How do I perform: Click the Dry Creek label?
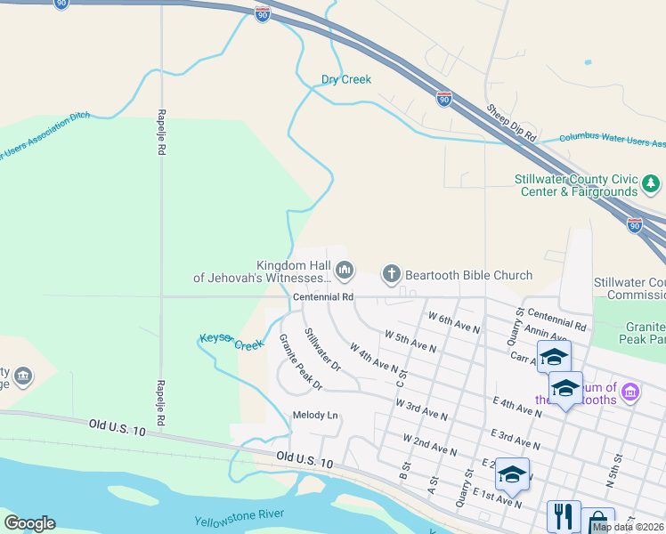point(345,79)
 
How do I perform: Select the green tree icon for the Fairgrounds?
point(652,184)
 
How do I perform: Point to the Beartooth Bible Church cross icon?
point(391,272)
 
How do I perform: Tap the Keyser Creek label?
point(231,343)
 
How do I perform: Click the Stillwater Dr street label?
point(322,349)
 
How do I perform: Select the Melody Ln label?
point(315,416)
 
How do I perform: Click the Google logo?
point(29,523)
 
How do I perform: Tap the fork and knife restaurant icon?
point(563,517)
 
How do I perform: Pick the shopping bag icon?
point(598,522)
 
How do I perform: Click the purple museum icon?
point(629,391)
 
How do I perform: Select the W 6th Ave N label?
point(454,322)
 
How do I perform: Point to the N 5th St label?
point(613,469)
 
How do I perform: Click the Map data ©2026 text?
point(629,527)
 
